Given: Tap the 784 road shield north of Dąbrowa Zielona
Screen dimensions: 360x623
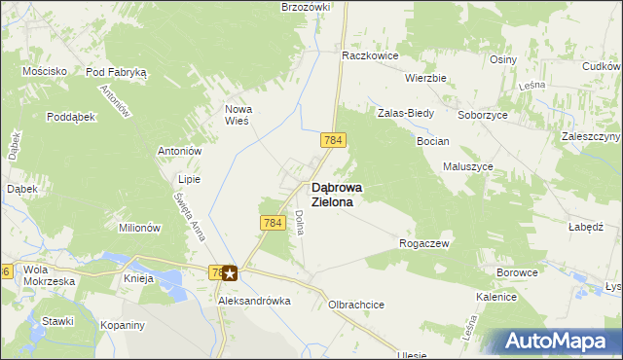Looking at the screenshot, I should coord(333,141).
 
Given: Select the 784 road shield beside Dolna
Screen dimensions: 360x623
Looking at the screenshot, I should coord(273,224).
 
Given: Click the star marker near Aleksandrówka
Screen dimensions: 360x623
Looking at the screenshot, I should coord(230,273).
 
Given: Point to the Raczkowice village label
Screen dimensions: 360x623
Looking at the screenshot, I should coord(370,56).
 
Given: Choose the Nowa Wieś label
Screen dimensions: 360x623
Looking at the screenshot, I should coord(238,115).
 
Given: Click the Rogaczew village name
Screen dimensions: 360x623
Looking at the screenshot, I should coord(424,243).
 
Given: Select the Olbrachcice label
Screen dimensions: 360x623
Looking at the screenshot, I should coord(356,305).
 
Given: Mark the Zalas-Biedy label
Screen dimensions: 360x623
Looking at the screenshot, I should coord(406,113).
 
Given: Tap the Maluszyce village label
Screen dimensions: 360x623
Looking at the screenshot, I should coord(468,166).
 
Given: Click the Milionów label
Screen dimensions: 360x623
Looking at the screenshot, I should coord(139,228).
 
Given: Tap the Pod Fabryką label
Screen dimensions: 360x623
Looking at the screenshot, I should coord(116,72).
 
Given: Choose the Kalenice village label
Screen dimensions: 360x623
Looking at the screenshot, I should coord(495,296).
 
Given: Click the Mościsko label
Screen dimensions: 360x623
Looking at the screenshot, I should coord(45,72).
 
